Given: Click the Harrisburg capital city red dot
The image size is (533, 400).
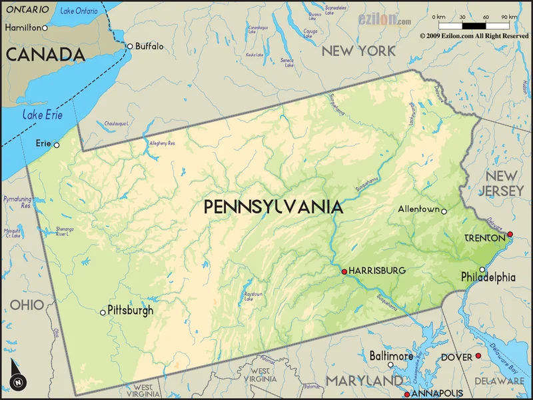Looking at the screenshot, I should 344,271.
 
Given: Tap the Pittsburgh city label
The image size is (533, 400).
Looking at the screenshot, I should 131,311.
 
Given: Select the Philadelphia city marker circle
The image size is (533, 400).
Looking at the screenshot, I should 482,269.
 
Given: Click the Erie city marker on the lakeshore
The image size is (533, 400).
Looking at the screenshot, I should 57,145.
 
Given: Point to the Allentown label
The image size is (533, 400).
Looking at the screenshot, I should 418,209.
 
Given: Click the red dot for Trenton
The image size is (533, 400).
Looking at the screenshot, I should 510,234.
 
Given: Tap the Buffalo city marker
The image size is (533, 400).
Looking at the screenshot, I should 130,46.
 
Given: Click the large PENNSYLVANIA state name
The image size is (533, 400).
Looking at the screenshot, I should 273,207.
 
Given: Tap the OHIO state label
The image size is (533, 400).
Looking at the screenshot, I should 27,305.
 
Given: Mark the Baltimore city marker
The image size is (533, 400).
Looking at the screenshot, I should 390,366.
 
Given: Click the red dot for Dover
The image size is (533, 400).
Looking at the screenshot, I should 478,357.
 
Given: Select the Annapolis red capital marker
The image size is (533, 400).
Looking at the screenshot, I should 406,394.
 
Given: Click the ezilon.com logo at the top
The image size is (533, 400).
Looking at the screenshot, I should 385,20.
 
